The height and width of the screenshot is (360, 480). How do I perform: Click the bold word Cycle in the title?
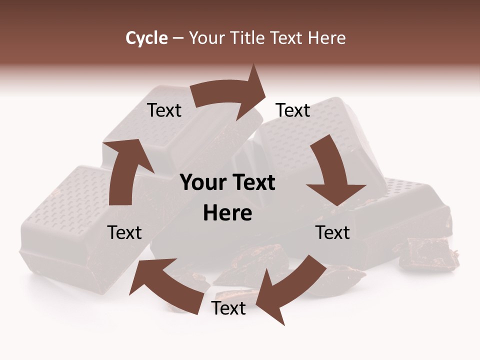146,38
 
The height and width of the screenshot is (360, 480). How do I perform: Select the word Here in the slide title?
327,38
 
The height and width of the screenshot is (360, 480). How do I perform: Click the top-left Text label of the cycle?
164,110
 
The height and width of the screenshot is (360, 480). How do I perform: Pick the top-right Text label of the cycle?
293,110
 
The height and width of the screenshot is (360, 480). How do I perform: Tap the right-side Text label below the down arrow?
332,232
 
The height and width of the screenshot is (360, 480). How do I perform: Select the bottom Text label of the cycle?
228,308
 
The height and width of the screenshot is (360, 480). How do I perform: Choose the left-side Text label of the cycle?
124,232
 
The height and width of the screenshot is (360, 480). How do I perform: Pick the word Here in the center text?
227,213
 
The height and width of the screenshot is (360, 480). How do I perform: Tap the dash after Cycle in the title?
178,38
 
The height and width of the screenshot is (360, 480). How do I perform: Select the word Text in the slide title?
287,38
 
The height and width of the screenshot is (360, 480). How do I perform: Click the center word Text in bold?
253,183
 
